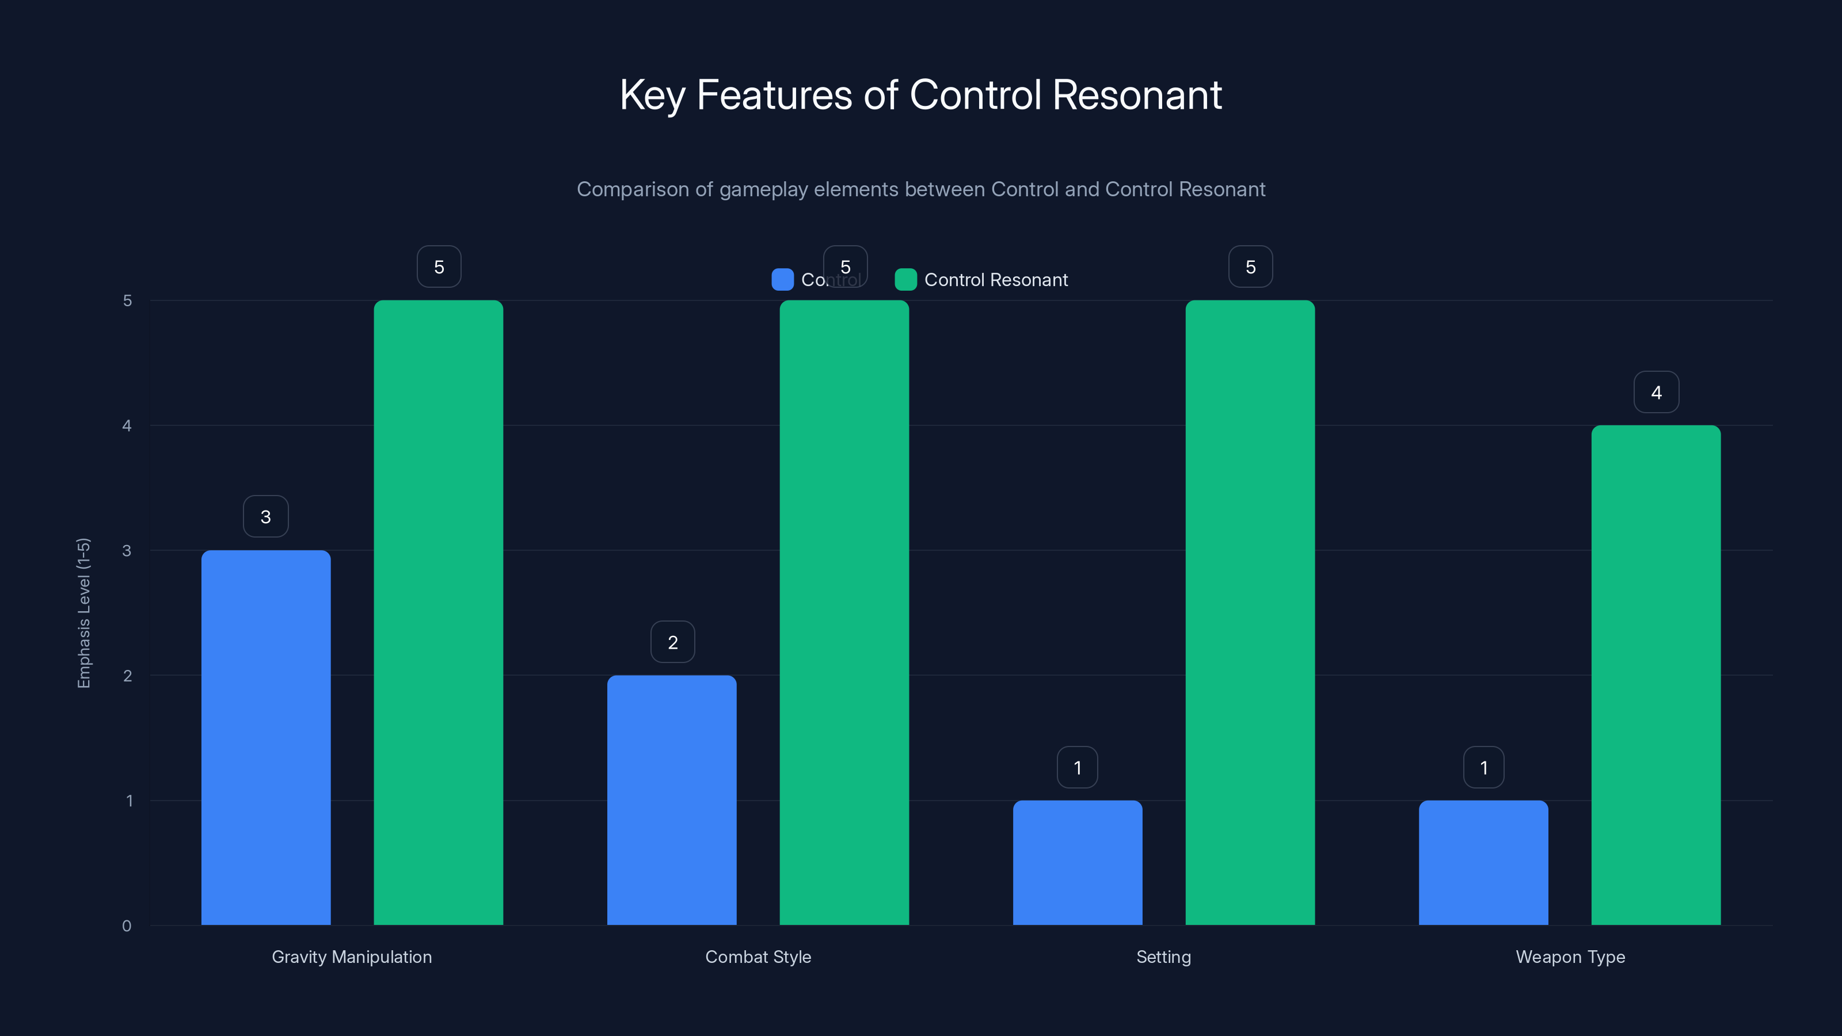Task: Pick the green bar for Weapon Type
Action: point(1655,675)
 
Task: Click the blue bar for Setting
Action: point(1077,862)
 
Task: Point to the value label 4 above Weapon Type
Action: point(1656,393)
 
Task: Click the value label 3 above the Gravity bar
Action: point(265,517)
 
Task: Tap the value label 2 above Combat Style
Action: point(672,642)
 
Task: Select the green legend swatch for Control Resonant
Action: point(905,280)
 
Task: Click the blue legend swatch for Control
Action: point(782,280)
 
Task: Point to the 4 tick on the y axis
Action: point(127,425)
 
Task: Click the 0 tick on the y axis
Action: point(127,926)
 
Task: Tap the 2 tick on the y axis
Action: point(127,676)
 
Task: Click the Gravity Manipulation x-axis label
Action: point(352,957)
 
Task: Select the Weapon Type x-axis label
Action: point(1570,957)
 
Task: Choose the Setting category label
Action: point(1163,957)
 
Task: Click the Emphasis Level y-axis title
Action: point(83,613)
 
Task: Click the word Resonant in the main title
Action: point(1137,95)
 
